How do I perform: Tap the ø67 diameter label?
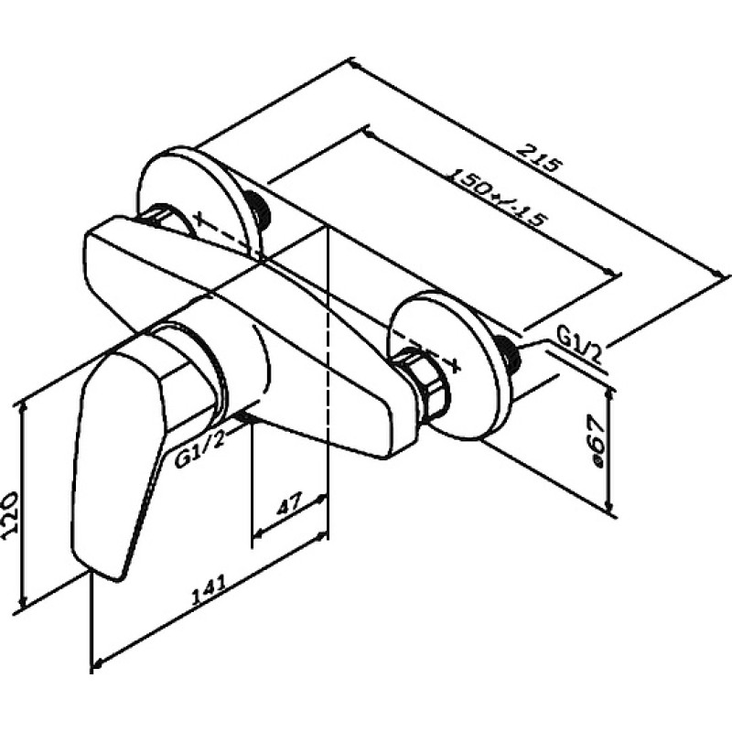coord(597,441)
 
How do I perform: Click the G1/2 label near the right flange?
coord(578,346)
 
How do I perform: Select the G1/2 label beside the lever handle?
coord(200,449)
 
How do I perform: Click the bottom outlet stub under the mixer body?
coord(246,417)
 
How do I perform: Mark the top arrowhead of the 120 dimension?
coord(22,407)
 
